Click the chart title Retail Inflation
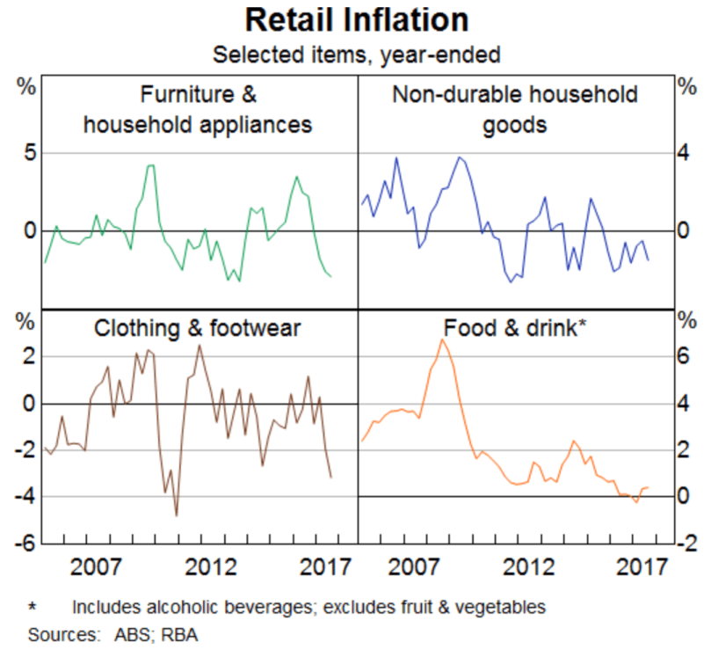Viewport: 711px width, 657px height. point(356,19)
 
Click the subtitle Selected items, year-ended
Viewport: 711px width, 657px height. point(356,55)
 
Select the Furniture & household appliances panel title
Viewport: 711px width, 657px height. point(198,109)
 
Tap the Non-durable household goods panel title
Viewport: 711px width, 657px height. point(515,109)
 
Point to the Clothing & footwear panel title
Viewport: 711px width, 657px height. point(197,329)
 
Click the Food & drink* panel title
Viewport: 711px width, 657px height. point(516,329)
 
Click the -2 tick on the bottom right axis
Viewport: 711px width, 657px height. point(685,544)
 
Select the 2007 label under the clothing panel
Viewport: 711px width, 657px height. point(96,564)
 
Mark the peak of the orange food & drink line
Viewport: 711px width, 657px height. point(441,339)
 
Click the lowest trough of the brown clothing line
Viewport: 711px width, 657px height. point(177,515)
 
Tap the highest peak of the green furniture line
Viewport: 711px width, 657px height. point(150,165)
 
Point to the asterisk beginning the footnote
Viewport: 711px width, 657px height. point(33,607)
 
